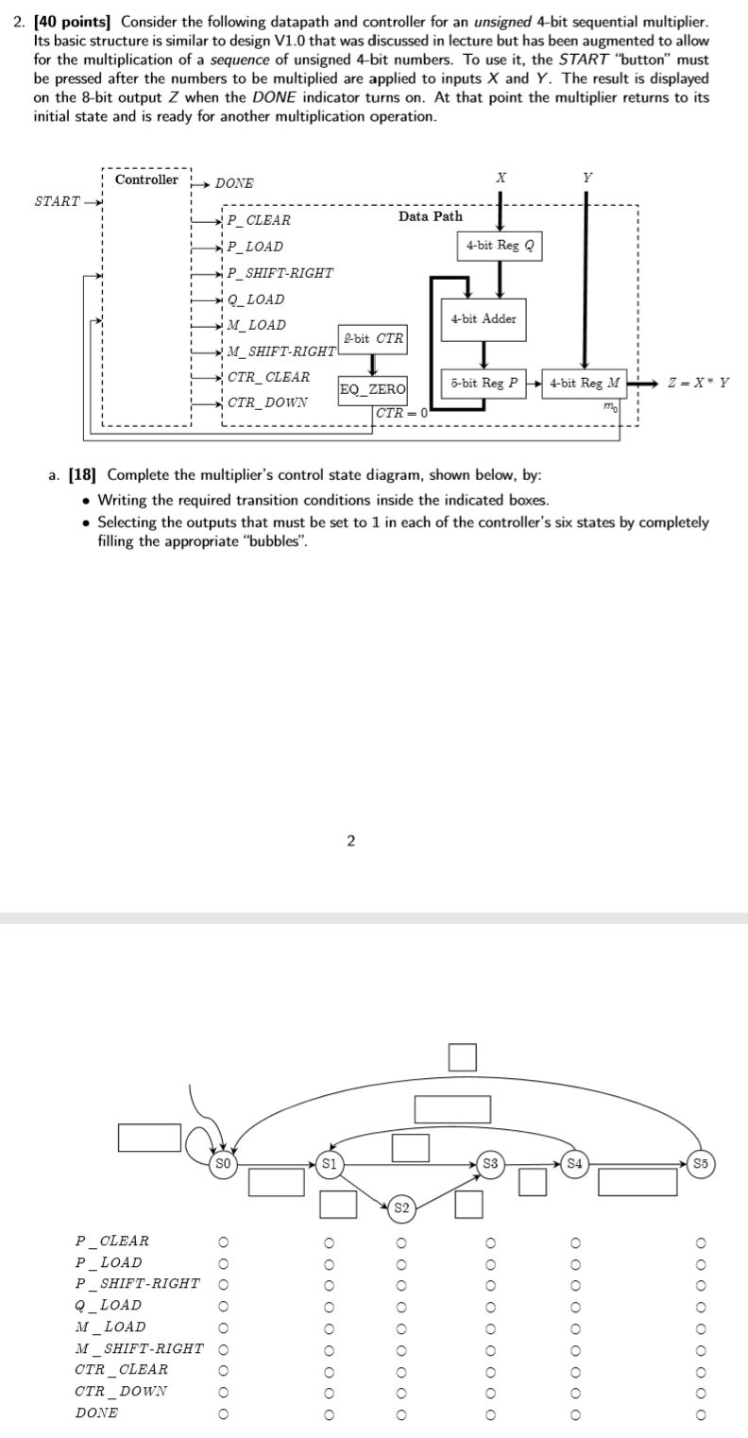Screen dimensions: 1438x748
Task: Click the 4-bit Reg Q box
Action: point(501,245)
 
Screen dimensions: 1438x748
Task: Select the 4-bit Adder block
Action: point(484,318)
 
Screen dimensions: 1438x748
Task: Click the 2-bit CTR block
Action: point(372,338)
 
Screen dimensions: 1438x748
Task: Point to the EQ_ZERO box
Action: point(372,389)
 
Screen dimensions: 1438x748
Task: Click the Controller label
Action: point(146,180)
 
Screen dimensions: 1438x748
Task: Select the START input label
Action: point(58,201)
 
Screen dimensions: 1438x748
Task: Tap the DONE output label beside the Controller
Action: point(234,183)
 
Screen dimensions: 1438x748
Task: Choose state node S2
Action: point(401,1207)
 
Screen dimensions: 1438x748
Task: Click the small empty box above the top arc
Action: point(461,1057)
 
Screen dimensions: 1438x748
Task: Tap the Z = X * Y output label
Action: point(698,383)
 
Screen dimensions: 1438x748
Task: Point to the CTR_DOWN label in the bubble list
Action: point(121,1391)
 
